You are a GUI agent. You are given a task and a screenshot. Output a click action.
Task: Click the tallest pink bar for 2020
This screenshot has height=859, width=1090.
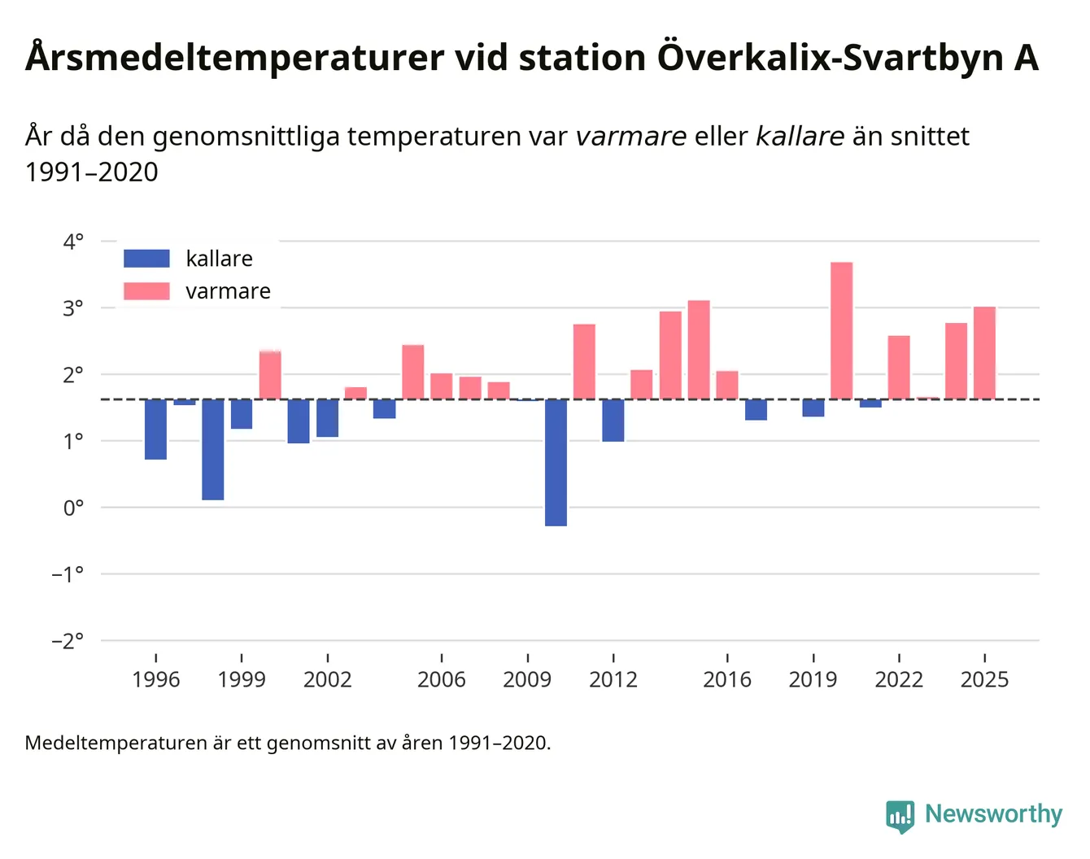click(x=841, y=330)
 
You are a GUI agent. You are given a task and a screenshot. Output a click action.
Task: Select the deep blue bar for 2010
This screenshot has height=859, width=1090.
click(x=556, y=462)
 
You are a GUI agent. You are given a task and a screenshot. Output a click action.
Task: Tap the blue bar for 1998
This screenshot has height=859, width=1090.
click(x=213, y=449)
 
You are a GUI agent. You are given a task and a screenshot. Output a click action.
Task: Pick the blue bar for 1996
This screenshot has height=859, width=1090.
click(x=155, y=429)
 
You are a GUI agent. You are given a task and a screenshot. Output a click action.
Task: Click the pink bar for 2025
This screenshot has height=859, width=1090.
click(x=984, y=352)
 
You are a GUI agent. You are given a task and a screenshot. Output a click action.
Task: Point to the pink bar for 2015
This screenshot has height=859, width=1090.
click(x=699, y=350)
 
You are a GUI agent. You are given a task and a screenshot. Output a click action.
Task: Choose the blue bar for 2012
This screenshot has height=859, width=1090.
click(x=613, y=420)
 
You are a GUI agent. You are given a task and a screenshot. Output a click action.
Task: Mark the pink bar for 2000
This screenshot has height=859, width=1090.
click(x=270, y=375)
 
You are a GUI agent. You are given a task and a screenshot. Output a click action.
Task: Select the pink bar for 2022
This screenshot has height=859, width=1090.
click(x=899, y=367)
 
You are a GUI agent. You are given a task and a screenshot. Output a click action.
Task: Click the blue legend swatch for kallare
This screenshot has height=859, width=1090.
click(x=146, y=259)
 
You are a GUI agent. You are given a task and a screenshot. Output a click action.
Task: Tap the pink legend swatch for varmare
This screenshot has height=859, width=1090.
click(x=146, y=291)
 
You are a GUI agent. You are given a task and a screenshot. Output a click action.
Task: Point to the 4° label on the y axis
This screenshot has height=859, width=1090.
click(x=73, y=242)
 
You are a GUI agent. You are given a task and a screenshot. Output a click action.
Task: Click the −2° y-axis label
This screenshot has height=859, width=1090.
click(x=68, y=641)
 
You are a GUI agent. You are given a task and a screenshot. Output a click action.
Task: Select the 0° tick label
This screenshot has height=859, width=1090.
click(x=73, y=508)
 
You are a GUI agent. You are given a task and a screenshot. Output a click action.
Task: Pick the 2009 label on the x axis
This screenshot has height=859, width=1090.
click(x=527, y=680)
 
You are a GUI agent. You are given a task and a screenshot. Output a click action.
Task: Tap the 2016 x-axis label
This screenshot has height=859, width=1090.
click(x=727, y=680)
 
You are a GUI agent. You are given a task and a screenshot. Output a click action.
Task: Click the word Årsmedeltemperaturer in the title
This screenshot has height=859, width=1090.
click(x=235, y=58)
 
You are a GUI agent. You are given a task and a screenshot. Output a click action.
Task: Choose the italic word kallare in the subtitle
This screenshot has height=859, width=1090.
click(x=800, y=136)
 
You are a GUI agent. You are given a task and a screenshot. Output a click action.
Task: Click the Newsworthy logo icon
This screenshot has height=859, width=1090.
click(x=900, y=815)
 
